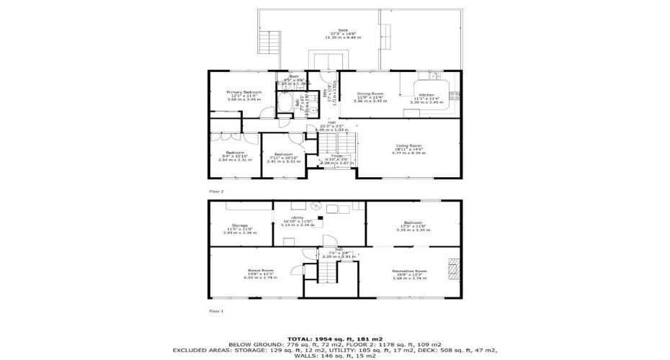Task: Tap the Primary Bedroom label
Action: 233,94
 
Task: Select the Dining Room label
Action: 370,94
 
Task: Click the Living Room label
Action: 408,146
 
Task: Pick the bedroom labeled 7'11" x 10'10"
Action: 282,155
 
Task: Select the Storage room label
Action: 240,226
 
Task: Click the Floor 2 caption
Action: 217,192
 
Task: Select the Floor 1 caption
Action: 217,311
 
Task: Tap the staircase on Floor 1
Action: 329,271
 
